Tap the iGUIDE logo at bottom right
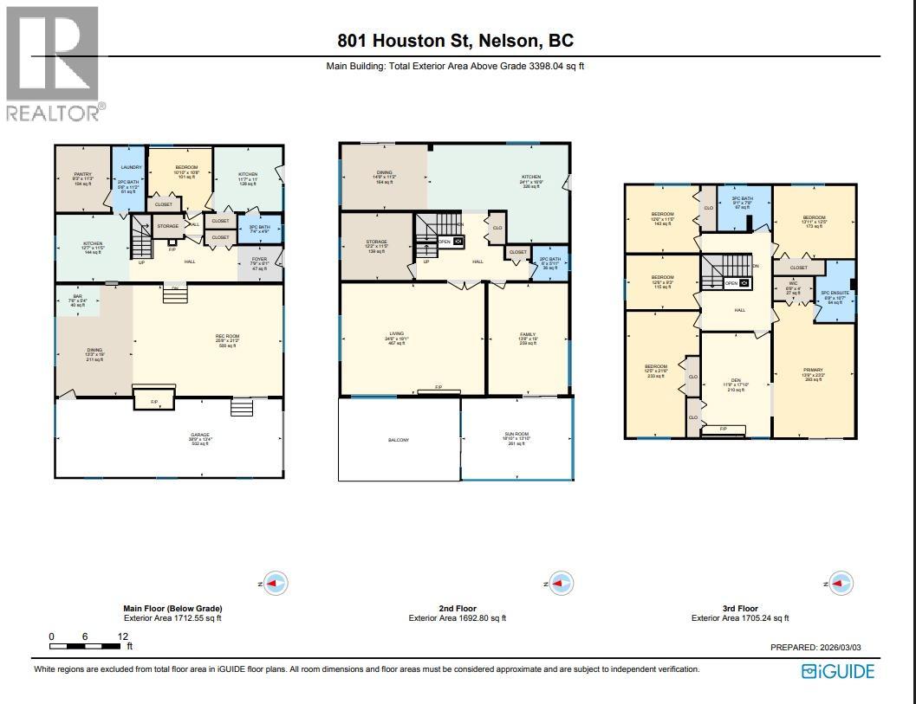point(837,671)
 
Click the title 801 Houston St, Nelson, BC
point(456,41)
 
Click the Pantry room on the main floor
point(82,178)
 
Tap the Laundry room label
point(131,167)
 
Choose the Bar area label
point(77,300)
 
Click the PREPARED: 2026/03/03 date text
point(817,647)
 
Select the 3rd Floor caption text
point(739,609)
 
